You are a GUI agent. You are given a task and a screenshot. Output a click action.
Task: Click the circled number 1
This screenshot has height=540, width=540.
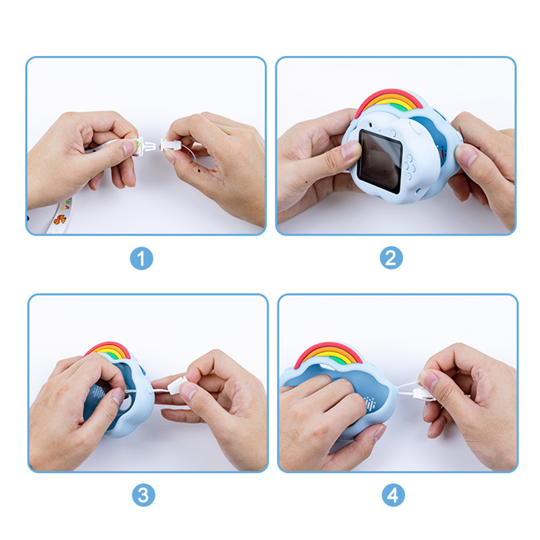coord(142,259)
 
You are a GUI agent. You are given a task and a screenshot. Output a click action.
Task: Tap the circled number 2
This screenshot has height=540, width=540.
coord(391,258)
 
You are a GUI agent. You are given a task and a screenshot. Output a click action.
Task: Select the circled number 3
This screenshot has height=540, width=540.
coord(143,495)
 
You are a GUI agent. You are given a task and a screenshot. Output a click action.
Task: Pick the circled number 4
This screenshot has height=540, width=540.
coord(393,495)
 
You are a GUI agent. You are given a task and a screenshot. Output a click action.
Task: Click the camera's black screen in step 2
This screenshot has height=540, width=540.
coord(380,161)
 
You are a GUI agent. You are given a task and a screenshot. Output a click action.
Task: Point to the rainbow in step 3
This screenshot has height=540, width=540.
coord(107,350)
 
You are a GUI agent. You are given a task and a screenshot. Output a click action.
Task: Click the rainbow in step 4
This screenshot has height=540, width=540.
coord(328,354)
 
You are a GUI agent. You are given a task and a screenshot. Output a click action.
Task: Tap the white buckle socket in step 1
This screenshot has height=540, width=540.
coord(169,145)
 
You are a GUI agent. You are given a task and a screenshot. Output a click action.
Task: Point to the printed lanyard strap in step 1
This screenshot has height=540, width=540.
coord(59,216)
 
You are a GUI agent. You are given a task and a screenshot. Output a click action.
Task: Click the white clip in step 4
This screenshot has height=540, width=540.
coord(425,393)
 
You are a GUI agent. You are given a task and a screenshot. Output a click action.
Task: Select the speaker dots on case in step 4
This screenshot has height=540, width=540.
coord(370,403)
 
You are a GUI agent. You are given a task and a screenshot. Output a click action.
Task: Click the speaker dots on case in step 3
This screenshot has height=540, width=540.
coord(98,393)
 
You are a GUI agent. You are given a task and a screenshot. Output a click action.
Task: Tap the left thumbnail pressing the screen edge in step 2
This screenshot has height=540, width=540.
coord(351,150)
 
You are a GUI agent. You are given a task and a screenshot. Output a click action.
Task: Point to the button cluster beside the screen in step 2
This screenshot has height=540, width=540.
coord(410,167)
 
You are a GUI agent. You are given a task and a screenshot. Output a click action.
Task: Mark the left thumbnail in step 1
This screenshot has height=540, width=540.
coord(129,147)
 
